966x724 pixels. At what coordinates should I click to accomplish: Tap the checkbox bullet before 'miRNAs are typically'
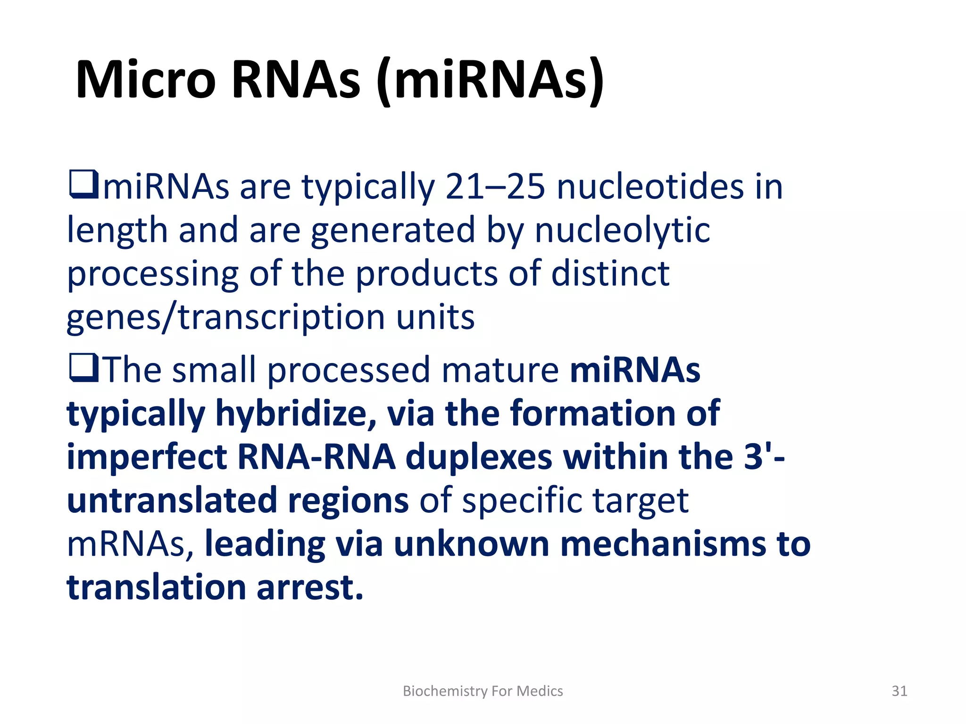point(83,185)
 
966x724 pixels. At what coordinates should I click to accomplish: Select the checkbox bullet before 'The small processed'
point(83,368)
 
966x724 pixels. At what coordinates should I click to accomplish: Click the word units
point(435,317)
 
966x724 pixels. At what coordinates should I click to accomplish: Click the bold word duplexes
point(479,457)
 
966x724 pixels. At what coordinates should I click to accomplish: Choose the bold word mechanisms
point(663,544)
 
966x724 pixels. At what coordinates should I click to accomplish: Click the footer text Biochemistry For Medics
point(483,691)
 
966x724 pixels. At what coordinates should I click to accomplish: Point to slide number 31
point(899,691)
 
